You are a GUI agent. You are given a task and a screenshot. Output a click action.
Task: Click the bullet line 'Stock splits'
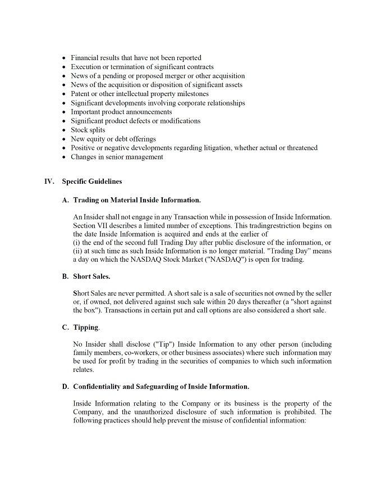click(x=88, y=130)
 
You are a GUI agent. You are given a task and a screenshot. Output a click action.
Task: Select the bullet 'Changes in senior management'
click(x=117, y=157)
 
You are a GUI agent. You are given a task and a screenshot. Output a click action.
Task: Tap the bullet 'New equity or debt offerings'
click(x=113, y=139)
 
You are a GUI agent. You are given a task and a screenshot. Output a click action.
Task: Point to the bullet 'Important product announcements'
click(x=121, y=112)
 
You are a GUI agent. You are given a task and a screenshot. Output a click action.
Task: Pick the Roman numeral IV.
click(x=49, y=181)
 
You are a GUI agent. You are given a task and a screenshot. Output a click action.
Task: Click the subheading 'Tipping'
click(x=86, y=328)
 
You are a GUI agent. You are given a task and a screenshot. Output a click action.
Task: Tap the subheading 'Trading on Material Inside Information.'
click(x=137, y=199)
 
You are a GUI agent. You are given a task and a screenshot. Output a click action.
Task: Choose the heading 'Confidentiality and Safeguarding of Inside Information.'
click(x=161, y=387)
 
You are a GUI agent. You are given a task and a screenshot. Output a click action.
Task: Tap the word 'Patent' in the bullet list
click(x=80, y=94)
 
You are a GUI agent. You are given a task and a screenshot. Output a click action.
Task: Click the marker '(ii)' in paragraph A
click(x=79, y=251)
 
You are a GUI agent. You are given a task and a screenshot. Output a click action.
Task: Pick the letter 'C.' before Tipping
click(x=66, y=328)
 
